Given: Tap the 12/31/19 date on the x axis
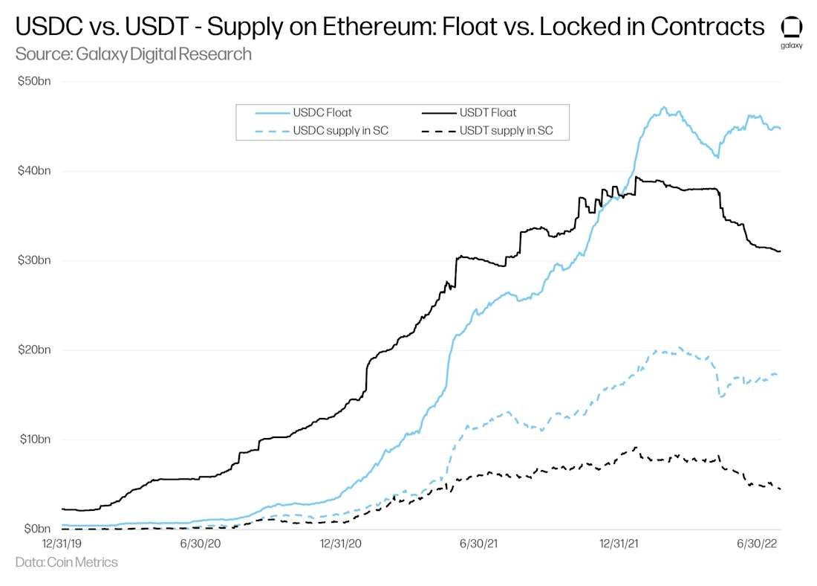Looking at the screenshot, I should tap(61, 544).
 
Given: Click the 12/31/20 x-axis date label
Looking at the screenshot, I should tap(340, 544).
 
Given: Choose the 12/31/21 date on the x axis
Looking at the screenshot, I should tap(619, 544).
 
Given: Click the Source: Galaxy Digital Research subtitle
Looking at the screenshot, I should tap(133, 54).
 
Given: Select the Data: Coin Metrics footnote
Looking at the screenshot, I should tap(66, 562).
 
